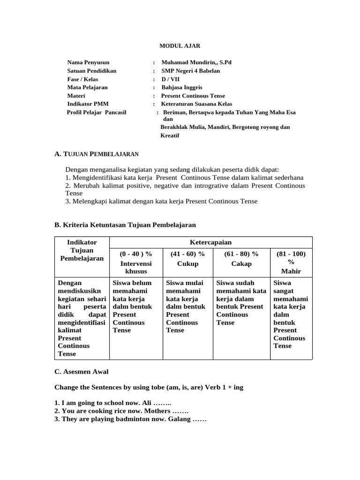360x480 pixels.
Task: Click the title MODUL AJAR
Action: pos(180,45)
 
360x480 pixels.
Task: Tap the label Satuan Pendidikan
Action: pos(91,71)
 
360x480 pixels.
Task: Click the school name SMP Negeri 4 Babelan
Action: pos(190,71)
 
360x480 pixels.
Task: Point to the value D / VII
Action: pos(170,79)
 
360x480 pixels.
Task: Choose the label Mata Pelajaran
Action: pos(87,87)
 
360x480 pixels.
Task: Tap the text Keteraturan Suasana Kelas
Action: pos(196,104)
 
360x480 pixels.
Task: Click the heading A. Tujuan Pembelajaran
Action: pos(97,154)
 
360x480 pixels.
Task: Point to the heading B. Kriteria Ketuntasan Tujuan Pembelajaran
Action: pos(125,225)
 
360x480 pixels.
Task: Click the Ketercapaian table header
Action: pos(210,242)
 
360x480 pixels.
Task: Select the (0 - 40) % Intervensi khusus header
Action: pos(136,262)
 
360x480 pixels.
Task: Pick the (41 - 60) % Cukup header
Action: pos(187,259)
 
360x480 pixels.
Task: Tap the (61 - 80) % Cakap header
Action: pos(241,259)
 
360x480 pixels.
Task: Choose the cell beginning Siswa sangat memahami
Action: pos(291,315)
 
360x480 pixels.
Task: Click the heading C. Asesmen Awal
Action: pos(82,372)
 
